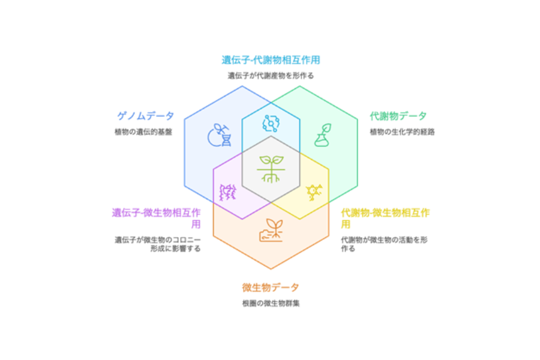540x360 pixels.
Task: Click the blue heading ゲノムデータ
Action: coord(145,116)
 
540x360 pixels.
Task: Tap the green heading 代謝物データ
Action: coord(398,116)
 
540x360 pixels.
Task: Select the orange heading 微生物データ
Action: coord(271,287)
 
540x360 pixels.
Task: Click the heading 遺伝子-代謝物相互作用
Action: coord(271,60)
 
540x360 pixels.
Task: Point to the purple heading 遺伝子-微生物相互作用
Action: coord(157,218)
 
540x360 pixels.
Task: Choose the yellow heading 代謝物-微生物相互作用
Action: coord(385,218)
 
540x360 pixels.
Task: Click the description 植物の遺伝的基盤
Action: coord(143,132)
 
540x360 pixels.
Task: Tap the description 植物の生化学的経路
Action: coord(402,132)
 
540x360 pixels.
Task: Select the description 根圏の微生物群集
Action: coord(271,304)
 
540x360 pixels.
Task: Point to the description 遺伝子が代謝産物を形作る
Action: coord(271,76)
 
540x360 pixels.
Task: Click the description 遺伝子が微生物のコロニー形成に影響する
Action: coord(158,244)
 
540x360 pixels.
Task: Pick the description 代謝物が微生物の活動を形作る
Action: coord(385,244)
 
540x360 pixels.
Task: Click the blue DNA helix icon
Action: coord(220,135)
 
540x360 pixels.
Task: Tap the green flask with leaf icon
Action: coord(323,135)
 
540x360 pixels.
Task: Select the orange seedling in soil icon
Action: coord(271,230)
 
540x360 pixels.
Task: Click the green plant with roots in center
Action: coord(271,169)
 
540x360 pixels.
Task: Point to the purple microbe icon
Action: coord(228,192)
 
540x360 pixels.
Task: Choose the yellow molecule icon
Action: coord(314,192)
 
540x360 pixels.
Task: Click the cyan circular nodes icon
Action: coord(271,124)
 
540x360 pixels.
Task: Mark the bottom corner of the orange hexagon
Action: coord(271,269)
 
